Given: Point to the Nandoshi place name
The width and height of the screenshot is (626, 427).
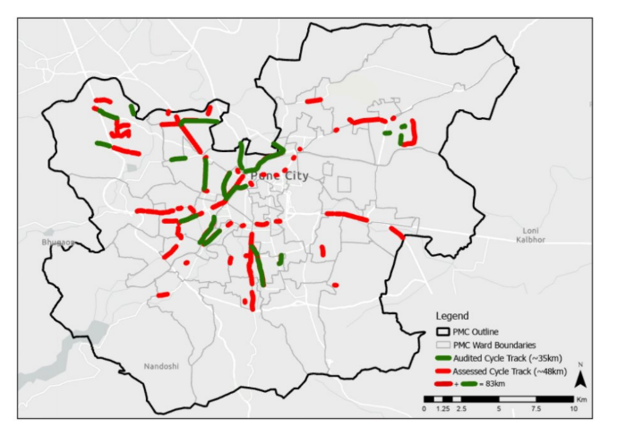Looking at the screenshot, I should point(161,365).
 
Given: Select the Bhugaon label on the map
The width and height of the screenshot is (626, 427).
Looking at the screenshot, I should point(57,242).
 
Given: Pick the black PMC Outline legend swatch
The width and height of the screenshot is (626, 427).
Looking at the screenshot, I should point(443,332).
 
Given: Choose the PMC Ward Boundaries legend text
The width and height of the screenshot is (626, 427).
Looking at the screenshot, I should point(494,344).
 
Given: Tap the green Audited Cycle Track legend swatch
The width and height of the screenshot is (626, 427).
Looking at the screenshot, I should point(443,357).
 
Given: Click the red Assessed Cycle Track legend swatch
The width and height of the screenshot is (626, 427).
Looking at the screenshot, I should point(443,370).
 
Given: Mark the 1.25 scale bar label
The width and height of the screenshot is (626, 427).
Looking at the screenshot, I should point(442,408).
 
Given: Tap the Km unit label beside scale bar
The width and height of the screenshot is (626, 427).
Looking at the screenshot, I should point(582,397).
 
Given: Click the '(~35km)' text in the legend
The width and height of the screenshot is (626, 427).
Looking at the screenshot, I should point(543,357).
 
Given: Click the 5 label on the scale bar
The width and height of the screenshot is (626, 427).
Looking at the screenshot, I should point(497,408).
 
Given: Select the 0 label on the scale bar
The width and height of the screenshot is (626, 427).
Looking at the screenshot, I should point(424,408).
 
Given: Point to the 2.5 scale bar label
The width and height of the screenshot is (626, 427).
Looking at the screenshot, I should point(461,408).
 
